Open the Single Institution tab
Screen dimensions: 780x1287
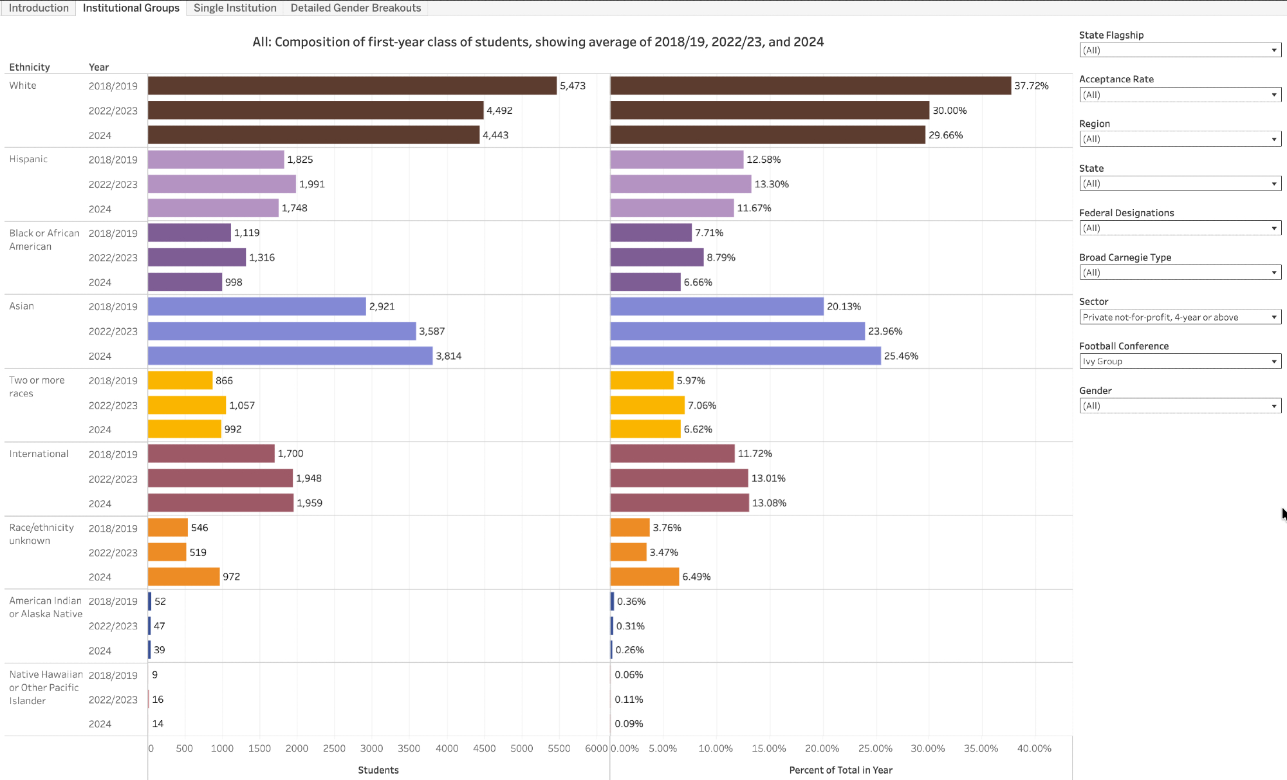coord(235,8)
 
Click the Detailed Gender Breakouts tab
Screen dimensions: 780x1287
coord(355,8)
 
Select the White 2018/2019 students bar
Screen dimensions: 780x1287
coord(352,86)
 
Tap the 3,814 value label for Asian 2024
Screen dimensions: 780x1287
coord(449,356)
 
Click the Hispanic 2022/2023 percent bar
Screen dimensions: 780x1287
coord(680,184)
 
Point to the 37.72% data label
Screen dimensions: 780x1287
coord(1031,86)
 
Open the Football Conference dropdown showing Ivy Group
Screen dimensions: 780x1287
coord(1180,362)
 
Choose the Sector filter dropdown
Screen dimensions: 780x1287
coord(1180,317)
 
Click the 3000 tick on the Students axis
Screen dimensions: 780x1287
coord(371,748)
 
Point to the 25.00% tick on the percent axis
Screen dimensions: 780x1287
coord(875,748)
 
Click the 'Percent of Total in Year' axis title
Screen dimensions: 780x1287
coord(840,770)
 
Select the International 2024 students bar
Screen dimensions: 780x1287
coord(221,503)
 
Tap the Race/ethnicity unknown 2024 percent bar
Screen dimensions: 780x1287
coord(644,577)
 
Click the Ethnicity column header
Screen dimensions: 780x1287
coord(30,67)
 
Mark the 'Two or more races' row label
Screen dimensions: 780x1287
coord(37,387)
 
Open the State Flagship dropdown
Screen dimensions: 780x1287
coord(1180,50)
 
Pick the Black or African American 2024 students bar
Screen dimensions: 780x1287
coord(185,282)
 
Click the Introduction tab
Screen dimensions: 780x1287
coord(39,8)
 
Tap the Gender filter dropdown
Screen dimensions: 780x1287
coord(1180,406)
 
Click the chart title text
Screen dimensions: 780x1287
coord(538,42)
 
